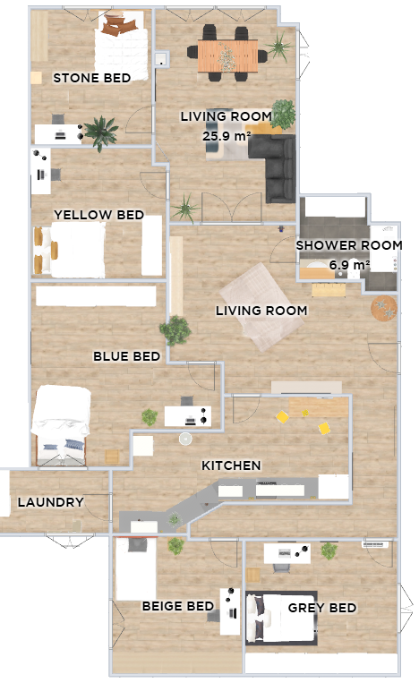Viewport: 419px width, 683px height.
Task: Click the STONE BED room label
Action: pyautogui.click(x=92, y=78)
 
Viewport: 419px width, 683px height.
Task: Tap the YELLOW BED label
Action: pyautogui.click(x=98, y=215)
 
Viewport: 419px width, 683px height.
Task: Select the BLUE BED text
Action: pyautogui.click(x=127, y=356)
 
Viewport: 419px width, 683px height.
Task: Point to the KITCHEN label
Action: pyautogui.click(x=231, y=465)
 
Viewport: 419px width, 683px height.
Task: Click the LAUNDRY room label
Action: pyautogui.click(x=50, y=502)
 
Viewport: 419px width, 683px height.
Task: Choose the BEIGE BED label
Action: pyautogui.click(x=177, y=606)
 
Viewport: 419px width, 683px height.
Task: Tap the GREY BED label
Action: pyautogui.click(x=322, y=608)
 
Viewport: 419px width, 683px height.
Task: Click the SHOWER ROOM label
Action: pyautogui.click(x=349, y=245)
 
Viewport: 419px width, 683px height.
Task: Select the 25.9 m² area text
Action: pyautogui.click(x=227, y=135)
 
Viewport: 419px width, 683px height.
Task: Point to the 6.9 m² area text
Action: pyautogui.click(x=349, y=264)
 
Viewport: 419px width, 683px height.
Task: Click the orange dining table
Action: pyautogui.click(x=227, y=55)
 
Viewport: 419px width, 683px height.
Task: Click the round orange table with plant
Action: pyautogui.click(x=384, y=308)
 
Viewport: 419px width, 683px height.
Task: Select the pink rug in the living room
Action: pyautogui.click(x=261, y=306)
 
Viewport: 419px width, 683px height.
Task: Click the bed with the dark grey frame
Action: pyautogui.click(x=281, y=618)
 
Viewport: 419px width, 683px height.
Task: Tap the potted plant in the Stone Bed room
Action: pyautogui.click(x=100, y=132)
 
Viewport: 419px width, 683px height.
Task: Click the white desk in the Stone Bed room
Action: pyautogui.click(x=58, y=134)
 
